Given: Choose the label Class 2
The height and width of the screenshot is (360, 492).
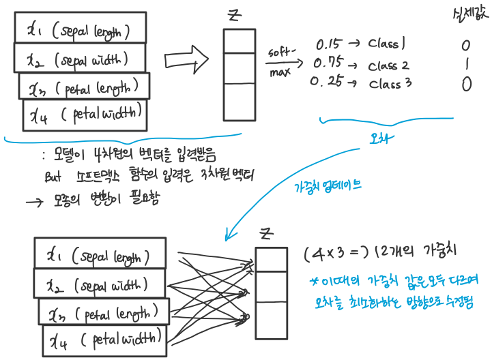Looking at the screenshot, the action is pos(388,66).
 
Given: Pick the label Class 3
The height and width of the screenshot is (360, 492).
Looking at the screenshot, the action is pos(390,85).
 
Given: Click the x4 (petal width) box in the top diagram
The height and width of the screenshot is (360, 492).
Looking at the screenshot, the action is pos(85,114).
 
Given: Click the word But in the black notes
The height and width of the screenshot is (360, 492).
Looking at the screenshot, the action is pos(53,176).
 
